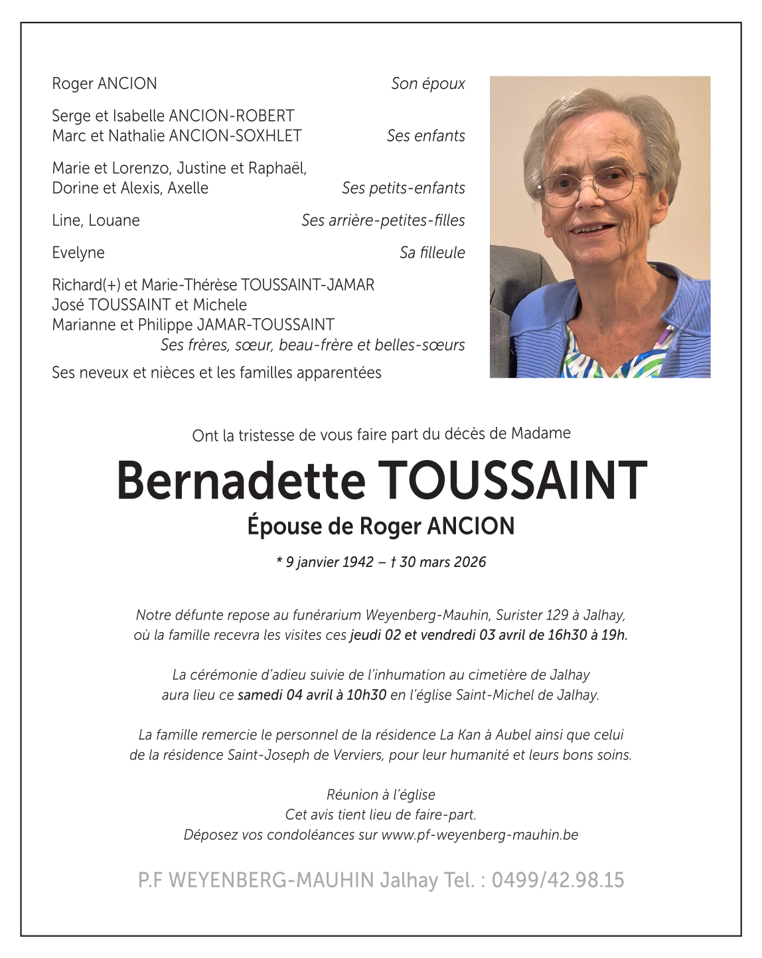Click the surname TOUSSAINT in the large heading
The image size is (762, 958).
(x=512, y=480)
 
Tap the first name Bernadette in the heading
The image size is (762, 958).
(x=241, y=480)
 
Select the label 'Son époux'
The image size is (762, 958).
(x=427, y=84)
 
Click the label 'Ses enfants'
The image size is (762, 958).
(x=425, y=136)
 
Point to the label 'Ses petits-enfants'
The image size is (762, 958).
(x=403, y=189)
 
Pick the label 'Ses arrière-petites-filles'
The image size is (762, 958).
(x=383, y=220)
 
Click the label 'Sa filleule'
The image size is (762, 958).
(x=432, y=253)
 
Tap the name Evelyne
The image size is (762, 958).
(x=78, y=253)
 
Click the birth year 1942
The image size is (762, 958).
(x=358, y=562)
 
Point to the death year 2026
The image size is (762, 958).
(x=470, y=562)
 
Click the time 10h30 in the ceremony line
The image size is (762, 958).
(x=366, y=695)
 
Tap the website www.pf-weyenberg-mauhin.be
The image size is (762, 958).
(x=480, y=835)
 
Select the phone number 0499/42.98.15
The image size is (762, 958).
(x=558, y=880)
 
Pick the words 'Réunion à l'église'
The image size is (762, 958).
(x=381, y=795)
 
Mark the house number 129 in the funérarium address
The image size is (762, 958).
(x=557, y=615)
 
